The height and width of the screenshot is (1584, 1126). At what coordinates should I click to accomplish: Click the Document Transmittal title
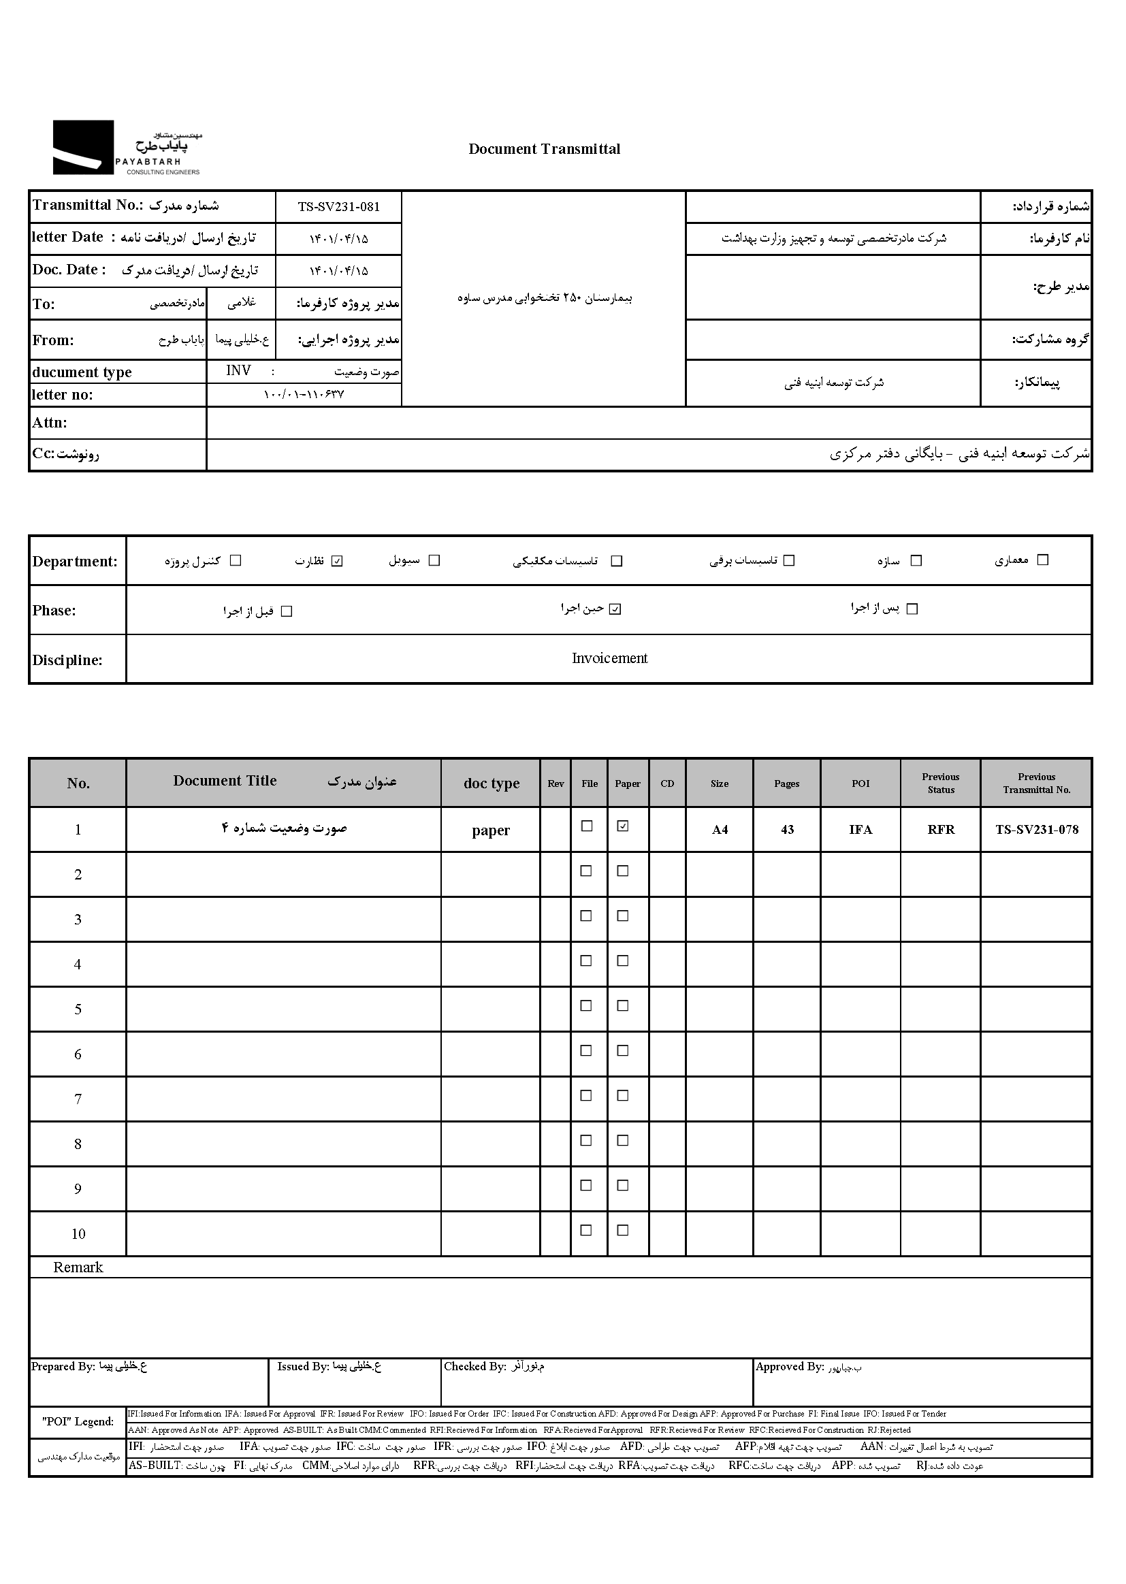[545, 149]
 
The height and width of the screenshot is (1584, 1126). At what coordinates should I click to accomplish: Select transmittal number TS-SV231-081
[338, 206]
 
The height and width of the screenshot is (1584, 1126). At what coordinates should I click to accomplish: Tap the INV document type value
[238, 371]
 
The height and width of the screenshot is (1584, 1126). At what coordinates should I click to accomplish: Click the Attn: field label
[49, 423]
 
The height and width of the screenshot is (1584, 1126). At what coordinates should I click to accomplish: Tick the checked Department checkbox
[337, 561]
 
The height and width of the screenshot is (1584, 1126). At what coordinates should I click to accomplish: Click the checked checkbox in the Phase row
[615, 609]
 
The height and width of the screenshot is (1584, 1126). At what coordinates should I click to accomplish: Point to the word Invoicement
[609, 658]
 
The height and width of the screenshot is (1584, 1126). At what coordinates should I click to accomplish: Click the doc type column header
[491, 783]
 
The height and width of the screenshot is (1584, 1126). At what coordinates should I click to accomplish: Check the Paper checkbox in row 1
[623, 826]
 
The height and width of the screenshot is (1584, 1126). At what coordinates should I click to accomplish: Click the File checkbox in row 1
[587, 826]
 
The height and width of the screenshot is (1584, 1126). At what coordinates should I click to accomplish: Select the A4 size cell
[720, 830]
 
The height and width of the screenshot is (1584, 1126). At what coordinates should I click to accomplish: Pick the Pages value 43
[787, 830]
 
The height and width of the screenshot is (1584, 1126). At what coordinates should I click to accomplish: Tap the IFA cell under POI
[860, 830]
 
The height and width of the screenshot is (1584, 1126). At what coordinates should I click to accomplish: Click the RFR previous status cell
[941, 830]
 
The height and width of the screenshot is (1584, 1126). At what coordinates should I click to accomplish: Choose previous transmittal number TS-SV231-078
[1037, 830]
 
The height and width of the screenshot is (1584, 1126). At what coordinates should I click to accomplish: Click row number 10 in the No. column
[78, 1234]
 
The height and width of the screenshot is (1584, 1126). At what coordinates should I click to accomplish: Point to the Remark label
[78, 1267]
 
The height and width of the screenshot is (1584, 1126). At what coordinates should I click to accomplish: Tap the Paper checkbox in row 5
[623, 1006]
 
